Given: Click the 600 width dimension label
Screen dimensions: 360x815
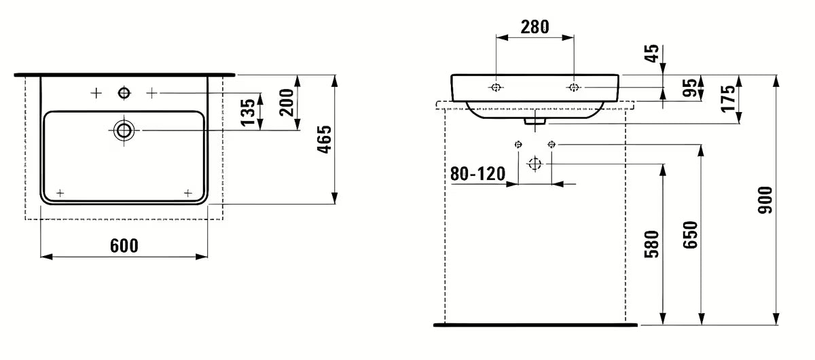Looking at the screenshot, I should click(124, 245).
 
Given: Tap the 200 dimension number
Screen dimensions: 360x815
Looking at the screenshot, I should click(287, 103).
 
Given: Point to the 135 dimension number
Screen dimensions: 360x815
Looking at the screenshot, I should click(249, 111).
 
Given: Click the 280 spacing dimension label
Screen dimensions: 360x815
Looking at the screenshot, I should click(535, 26).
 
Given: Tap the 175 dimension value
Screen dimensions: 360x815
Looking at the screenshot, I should click(729, 99).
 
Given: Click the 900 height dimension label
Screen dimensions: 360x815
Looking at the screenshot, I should click(766, 200).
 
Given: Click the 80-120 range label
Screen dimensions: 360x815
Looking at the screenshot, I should click(477, 174).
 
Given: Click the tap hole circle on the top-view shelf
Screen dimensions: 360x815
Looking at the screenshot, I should click(124, 92).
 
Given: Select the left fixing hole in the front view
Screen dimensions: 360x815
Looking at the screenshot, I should click(496, 88).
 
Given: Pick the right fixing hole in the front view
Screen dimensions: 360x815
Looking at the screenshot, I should click(574, 88).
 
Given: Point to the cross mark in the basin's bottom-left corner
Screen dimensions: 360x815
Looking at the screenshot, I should click(60, 193).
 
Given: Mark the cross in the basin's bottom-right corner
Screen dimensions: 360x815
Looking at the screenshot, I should click(187, 193).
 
